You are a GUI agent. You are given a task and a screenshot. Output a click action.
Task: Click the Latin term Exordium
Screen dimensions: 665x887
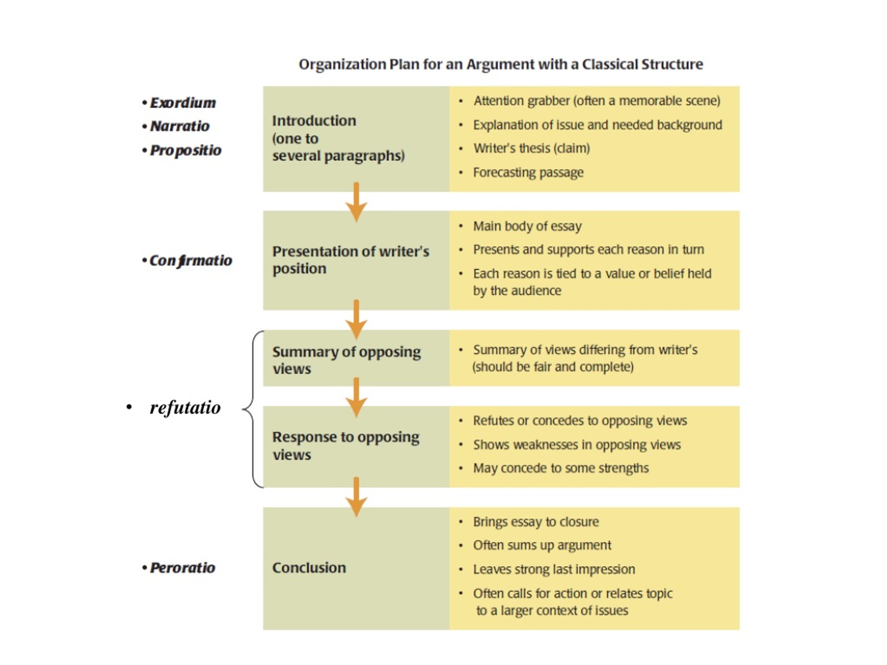click(183, 103)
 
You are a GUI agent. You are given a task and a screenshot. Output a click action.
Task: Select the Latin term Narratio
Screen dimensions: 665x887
click(179, 126)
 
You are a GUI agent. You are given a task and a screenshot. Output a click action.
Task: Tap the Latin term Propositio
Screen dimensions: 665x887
click(185, 150)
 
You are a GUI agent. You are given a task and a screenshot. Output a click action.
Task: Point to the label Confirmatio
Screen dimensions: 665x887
click(191, 261)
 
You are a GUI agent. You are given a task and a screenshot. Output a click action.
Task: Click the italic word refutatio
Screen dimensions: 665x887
click(185, 408)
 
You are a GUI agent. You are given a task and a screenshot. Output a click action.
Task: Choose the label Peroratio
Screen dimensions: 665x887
click(183, 568)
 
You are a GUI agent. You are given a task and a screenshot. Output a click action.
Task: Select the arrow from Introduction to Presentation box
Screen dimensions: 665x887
click(356, 202)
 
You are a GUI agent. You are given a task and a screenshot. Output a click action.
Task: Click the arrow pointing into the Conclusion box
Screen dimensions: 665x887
click(356, 497)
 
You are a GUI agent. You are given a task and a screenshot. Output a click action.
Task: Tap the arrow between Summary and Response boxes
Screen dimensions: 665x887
click(356, 397)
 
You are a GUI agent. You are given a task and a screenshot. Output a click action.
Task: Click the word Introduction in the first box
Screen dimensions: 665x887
click(314, 121)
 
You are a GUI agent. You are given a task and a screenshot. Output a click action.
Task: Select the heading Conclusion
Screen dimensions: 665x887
click(309, 568)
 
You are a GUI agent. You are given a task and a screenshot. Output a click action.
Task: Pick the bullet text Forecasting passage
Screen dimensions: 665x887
click(528, 173)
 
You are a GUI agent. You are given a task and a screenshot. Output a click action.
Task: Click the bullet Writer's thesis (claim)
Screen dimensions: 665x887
click(531, 148)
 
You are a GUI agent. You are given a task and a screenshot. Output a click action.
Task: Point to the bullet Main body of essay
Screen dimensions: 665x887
click(527, 226)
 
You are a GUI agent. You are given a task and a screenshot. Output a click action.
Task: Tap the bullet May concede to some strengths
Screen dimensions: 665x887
click(561, 468)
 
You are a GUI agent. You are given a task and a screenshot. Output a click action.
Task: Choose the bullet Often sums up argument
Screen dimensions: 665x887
click(542, 545)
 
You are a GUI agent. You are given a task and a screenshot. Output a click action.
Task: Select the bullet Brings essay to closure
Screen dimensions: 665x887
click(536, 522)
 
